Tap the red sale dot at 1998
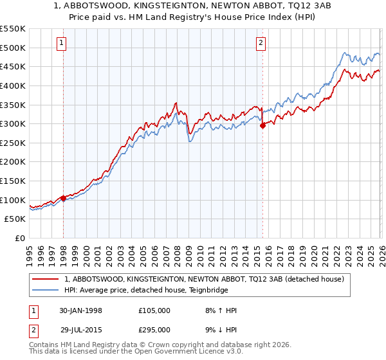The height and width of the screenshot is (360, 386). coord(64,198)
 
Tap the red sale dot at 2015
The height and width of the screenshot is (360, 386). coord(262,126)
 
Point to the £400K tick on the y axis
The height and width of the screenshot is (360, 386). coord(14,85)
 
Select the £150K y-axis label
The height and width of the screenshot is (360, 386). coord(14,181)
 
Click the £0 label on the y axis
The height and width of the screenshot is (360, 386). coord(19,238)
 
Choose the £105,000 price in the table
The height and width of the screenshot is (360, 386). coord(154,310)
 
